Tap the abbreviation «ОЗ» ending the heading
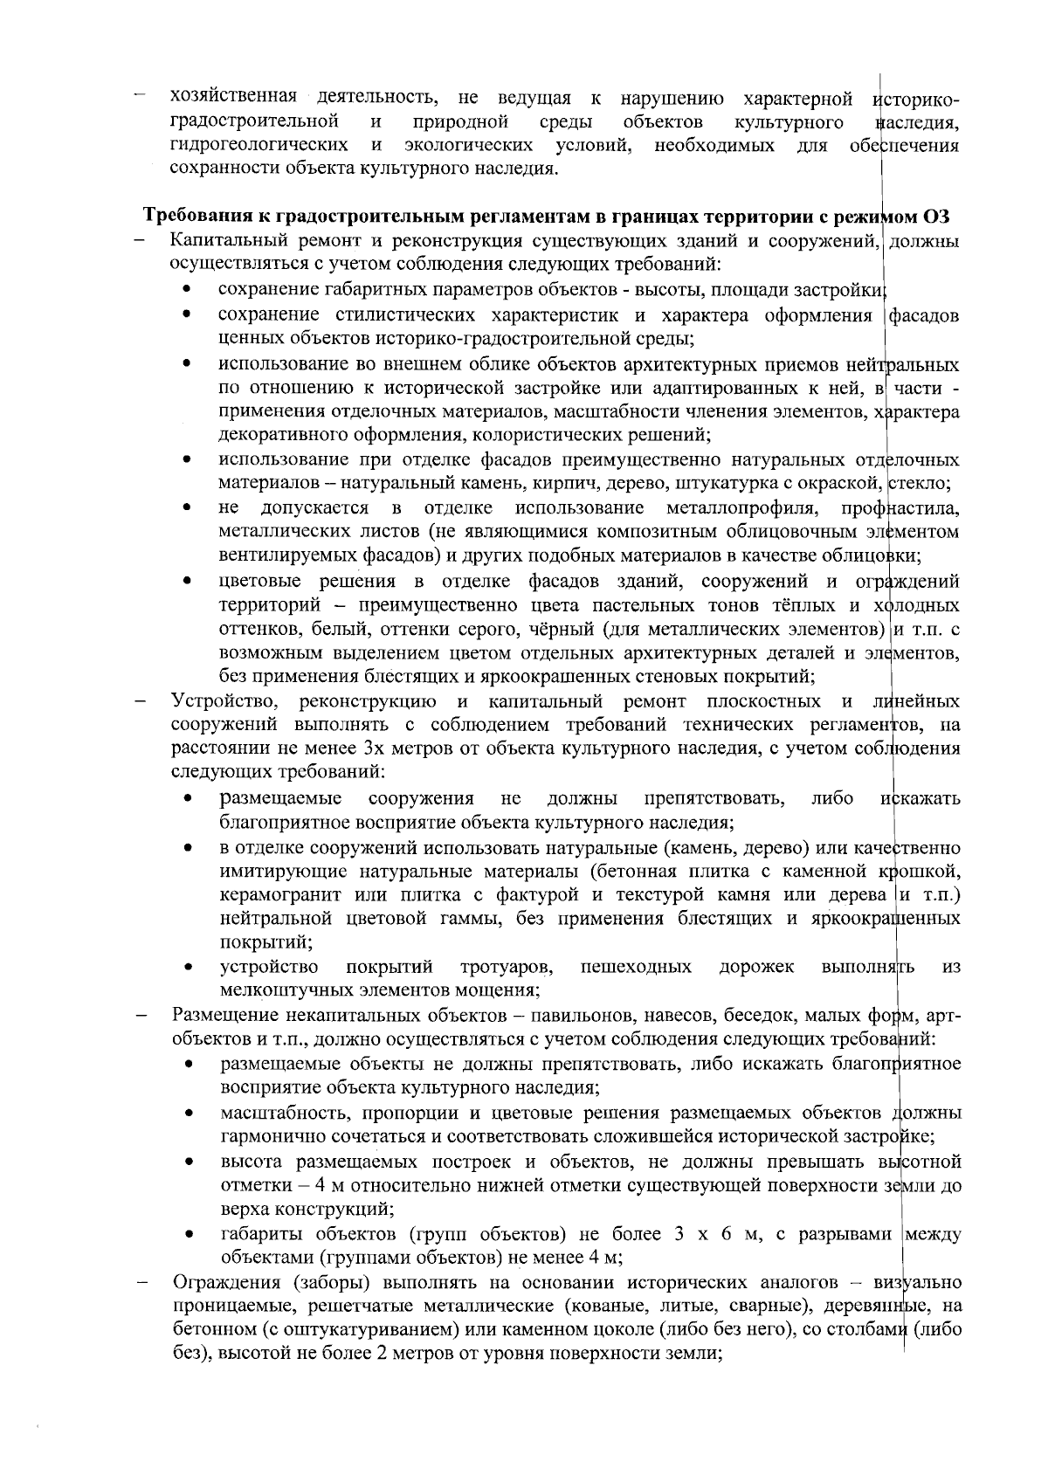(937, 216)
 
